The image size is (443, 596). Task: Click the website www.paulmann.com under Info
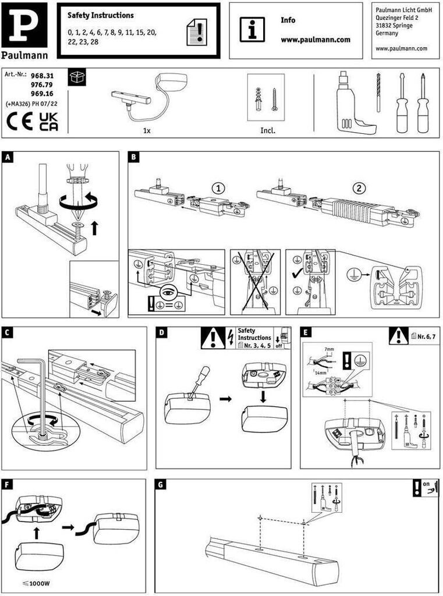(316, 40)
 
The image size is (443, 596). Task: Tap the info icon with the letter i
(252, 29)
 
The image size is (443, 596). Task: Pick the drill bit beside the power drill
(378, 93)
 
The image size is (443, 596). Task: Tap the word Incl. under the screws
(268, 130)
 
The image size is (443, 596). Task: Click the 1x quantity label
(147, 130)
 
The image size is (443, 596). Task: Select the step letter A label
(8, 157)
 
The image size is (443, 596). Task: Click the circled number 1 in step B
(217, 188)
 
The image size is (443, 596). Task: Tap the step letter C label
(8, 332)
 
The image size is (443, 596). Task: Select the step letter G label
(161, 484)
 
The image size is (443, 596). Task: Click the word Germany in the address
(388, 34)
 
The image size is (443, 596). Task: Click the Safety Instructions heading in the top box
(100, 16)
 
